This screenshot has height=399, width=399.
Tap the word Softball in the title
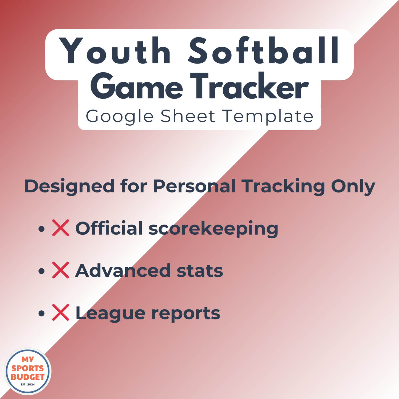click(264, 51)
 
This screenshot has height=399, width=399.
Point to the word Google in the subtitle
click(120, 117)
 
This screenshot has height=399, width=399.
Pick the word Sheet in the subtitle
click(188, 116)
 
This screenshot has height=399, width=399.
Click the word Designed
click(69, 186)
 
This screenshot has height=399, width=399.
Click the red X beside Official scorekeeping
click(60, 228)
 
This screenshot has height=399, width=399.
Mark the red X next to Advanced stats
click(60, 270)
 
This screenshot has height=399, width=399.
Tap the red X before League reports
click(60, 313)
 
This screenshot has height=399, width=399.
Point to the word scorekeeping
click(213, 229)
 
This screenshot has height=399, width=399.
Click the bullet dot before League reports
click(41, 313)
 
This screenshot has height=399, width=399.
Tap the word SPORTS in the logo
click(28, 368)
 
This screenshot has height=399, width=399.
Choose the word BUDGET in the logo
click(28, 377)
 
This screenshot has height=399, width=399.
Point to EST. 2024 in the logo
click(28, 384)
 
